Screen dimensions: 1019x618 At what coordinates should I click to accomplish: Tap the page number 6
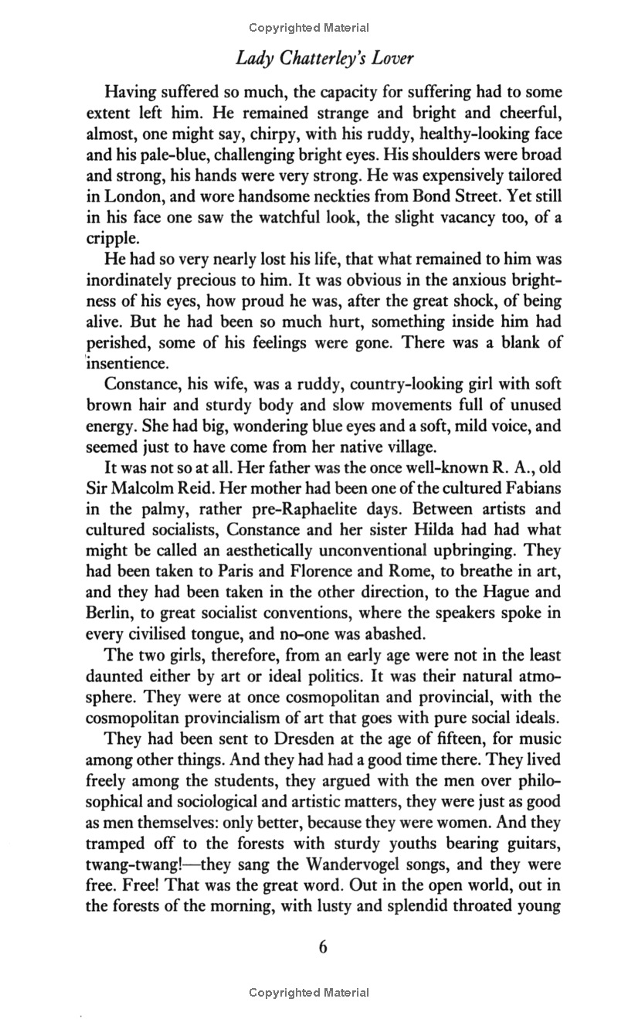[324, 947]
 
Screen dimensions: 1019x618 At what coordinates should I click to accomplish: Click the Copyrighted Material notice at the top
[309, 28]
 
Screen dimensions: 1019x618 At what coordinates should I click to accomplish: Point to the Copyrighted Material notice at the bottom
[309, 993]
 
